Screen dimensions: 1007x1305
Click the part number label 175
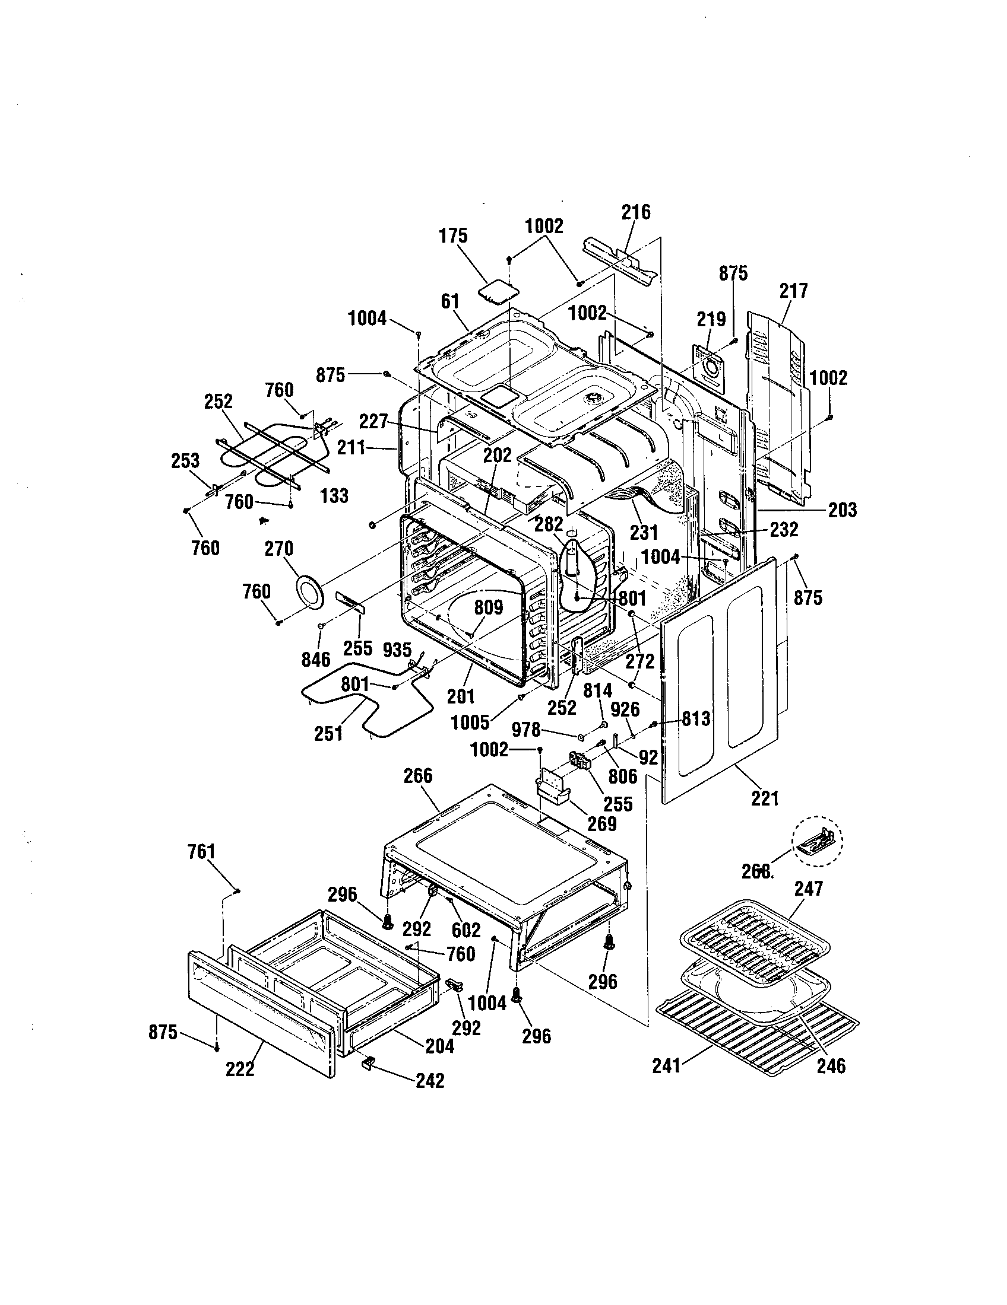point(452,236)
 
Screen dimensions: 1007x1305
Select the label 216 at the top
point(636,212)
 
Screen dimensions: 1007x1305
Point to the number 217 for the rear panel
point(793,291)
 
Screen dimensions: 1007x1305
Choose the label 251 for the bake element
point(328,733)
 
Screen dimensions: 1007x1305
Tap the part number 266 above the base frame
point(417,776)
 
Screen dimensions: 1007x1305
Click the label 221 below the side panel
point(765,798)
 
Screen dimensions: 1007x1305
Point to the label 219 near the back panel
point(711,319)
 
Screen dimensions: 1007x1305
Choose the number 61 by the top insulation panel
point(449,301)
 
